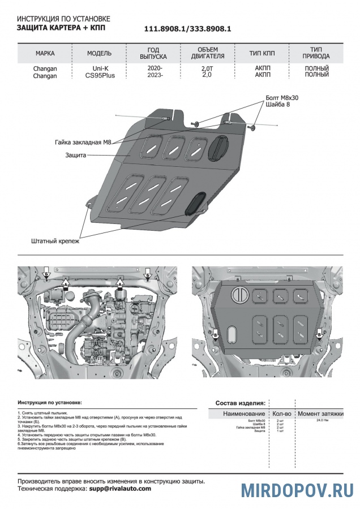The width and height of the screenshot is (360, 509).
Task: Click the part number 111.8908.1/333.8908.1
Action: (188, 29)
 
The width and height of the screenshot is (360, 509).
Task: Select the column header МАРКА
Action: (45, 54)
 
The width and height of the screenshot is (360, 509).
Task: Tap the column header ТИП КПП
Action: (262, 54)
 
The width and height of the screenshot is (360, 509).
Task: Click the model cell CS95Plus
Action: (100, 75)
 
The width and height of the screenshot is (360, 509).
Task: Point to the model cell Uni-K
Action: (100, 68)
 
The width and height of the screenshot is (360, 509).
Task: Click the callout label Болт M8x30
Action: (281, 98)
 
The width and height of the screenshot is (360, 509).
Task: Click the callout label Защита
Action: (75, 154)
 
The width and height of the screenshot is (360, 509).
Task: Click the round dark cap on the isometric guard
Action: (217, 148)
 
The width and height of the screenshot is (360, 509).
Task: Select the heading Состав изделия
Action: (240, 403)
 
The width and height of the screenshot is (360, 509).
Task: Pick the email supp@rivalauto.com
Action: (120, 488)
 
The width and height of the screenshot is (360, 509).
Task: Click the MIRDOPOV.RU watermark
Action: (298, 490)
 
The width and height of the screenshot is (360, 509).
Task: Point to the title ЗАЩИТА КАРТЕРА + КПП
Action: (61, 27)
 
